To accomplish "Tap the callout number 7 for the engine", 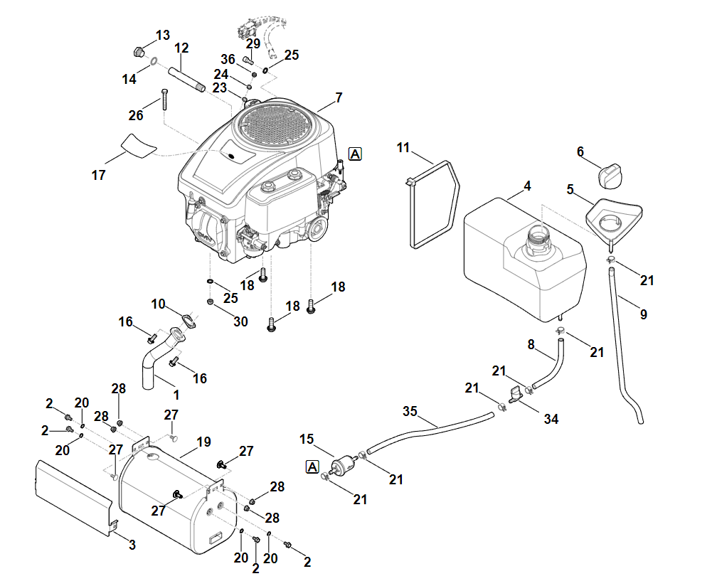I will point(339,96).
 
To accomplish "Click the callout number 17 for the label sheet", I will point(99,175).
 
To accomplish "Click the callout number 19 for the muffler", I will point(203,442).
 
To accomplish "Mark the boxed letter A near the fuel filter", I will point(312,467).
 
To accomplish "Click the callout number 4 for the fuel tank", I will point(527,186).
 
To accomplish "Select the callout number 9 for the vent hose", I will point(643,314).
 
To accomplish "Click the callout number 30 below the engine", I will point(240,321).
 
